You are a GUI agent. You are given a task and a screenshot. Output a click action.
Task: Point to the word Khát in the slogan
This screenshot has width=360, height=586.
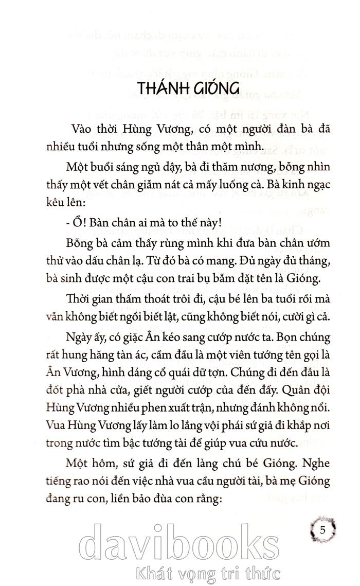[x=151, y=572]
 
